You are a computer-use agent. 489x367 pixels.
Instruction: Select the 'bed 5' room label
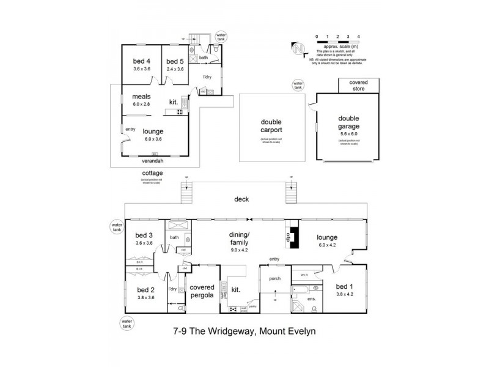point(174,61)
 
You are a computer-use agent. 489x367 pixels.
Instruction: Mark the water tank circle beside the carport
point(298,84)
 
